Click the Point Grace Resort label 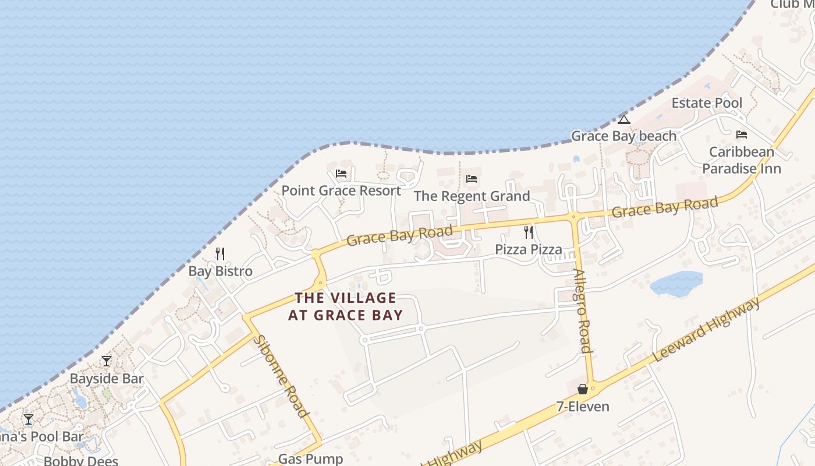coord(341,190)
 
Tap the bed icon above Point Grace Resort coord(341,174)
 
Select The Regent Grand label coord(472,196)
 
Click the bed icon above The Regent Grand coord(472,178)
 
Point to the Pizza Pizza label coord(529,250)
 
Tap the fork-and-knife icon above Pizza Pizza coord(529,232)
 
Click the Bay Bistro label coord(220,271)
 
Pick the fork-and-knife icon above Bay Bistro coord(220,253)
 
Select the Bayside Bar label coord(107,379)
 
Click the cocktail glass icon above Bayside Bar coord(107,361)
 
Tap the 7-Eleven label coord(583,407)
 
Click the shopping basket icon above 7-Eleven coord(583,389)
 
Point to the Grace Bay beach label coord(623,136)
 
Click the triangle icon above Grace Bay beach coord(624,120)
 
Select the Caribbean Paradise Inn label coord(741,160)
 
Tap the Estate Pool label coord(707,103)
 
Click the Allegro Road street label coord(582,311)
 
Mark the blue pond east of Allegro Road coord(676,283)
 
